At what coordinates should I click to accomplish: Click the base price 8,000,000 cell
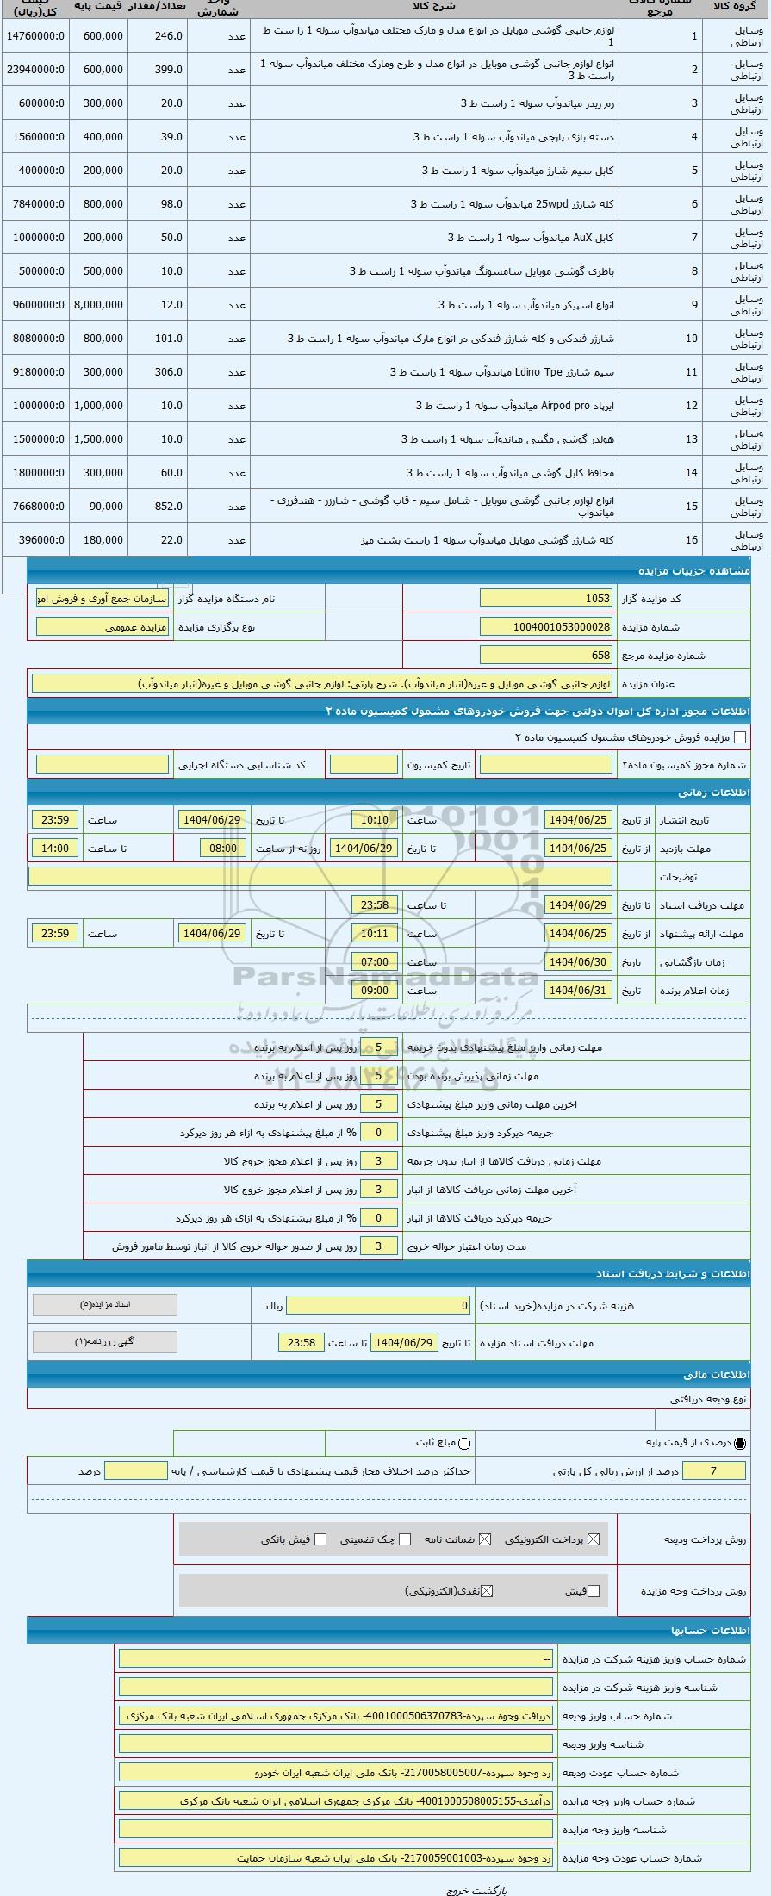pyautogui.click(x=98, y=305)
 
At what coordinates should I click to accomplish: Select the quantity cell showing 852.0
pyautogui.click(x=157, y=507)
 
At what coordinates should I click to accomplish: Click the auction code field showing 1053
pyautogui.click(x=546, y=599)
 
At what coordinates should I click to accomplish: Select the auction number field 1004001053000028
pyautogui.click(x=546, y=627)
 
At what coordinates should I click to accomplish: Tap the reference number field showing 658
pyautogui.click(x=546, y=656)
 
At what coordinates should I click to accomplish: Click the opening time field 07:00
pyautogui.click(x=375, y=962)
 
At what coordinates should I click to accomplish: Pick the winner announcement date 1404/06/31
pyautogui.click(x=578, y=991)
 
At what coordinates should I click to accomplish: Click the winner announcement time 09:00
pyautogui.click(x=375, y=991)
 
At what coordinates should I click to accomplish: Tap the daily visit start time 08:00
pyautogui.click(x=223, y=849)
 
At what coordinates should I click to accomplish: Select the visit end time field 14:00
pyautogui.click(x=55, y=849)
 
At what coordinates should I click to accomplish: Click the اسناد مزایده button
pyautogui.click(x=104, y=1305)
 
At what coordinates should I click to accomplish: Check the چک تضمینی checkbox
pyautogui.click(x=405, y=1539)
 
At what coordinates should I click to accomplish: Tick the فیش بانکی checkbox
pyautogui.click(x=320, y=1539)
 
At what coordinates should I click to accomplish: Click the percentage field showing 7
pyautogui.click(x=713, y=1471)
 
